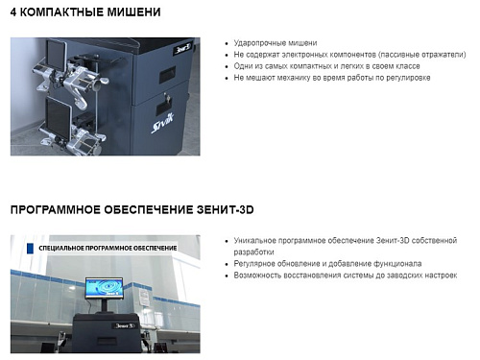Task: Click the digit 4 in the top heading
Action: [x=14, y=12]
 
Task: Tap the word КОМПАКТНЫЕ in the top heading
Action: [x=60, y=12]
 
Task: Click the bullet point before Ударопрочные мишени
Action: [x=226, y=44]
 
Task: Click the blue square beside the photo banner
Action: [x=32, y=248]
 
